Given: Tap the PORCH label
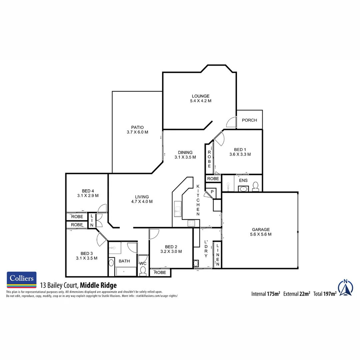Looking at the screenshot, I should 249,120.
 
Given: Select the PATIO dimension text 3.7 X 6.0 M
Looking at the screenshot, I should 137,132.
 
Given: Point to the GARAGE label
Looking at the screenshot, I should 261,229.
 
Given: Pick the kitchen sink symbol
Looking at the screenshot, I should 177,209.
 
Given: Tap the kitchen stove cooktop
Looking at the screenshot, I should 191,223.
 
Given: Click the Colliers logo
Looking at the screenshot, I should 22,279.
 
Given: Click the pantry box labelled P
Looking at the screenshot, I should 212,192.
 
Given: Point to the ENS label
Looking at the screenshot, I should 243,180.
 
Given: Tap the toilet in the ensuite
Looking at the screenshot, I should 256,186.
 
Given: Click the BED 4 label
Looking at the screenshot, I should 88,191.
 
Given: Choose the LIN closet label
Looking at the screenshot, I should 92,220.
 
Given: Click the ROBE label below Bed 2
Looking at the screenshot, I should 160,272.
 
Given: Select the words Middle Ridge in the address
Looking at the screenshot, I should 98,285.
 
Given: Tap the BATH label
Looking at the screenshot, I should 124,261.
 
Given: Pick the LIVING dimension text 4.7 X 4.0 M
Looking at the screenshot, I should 142,201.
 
